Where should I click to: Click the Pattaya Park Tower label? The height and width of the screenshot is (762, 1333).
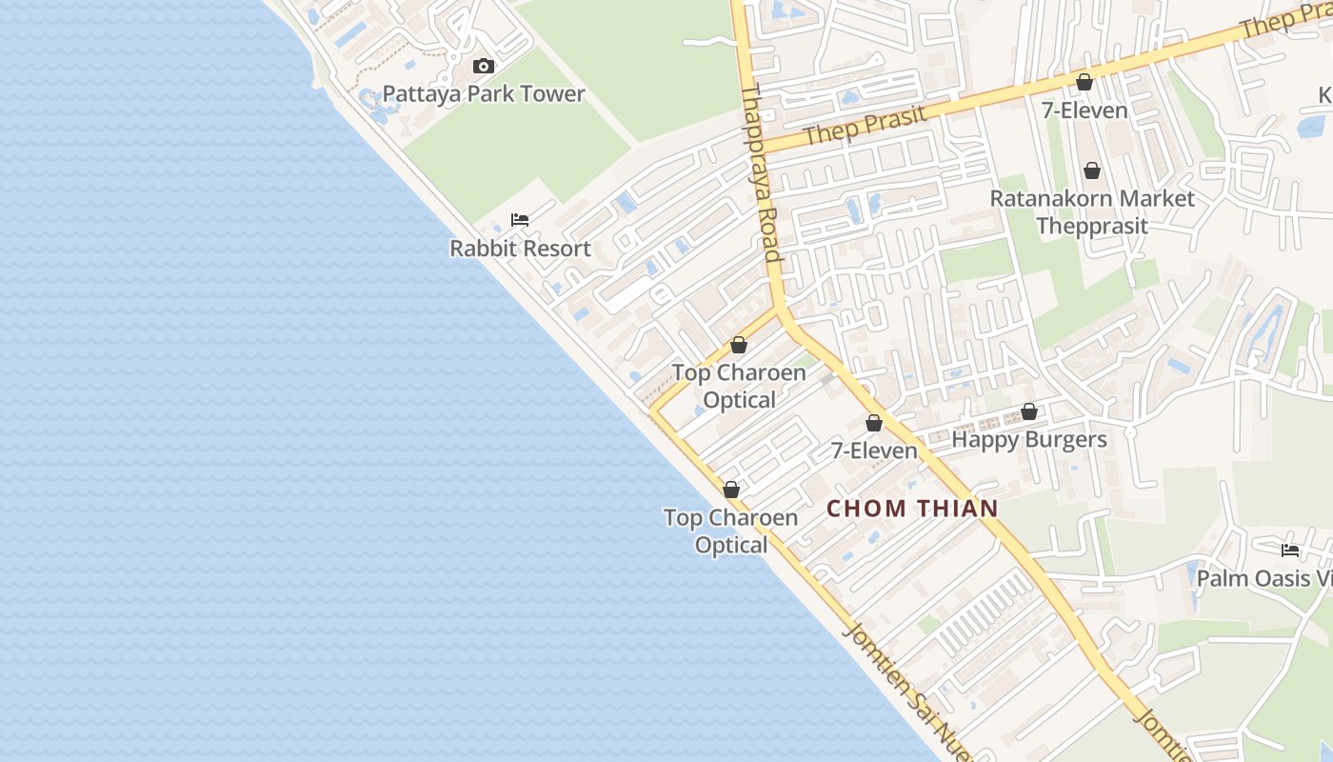click(484, 94)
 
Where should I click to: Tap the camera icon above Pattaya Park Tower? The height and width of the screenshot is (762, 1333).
click(484, 67)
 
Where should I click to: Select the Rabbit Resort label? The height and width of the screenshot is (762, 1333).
click(520, 249)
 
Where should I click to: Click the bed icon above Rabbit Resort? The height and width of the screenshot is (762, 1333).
click(520, 220)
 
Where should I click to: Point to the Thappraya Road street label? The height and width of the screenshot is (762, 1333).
click(761, 171)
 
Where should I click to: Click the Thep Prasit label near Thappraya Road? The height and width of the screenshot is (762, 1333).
click(864, 126)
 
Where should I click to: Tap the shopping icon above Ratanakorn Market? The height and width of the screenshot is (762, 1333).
click(1092, 170)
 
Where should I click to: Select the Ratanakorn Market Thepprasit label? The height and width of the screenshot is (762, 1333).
click(1092, 212)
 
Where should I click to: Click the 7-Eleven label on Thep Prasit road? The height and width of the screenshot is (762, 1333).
click(1084, 110)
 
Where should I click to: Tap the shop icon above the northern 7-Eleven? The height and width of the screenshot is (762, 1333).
click(1084, 83)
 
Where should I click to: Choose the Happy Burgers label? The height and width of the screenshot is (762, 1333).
click(1029, 440)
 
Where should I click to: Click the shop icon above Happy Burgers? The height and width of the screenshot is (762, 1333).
click(1029, 412)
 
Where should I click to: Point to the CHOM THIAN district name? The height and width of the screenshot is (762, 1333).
click(912, 509)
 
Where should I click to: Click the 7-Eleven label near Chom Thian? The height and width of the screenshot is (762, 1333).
click(874, 451)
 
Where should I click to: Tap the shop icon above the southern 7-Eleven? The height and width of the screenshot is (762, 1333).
click(874, 423)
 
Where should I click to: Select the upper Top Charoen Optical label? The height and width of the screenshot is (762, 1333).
click(739, 386)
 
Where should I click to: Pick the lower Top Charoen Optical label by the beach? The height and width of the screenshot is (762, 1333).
click(731, 531)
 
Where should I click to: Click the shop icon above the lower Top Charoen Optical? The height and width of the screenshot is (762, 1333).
click(731, 490)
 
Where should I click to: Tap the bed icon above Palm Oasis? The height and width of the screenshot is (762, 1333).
click(1290, 551)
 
